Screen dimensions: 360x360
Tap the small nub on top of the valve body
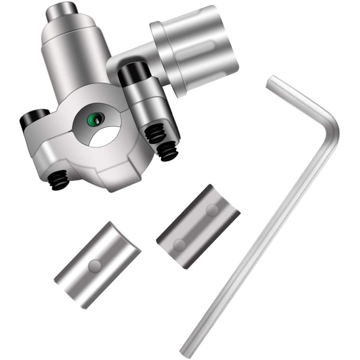tap(63, 11)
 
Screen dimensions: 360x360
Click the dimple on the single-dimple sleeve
tap(94, 266)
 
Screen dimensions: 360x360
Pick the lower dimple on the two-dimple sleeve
tap(180, 244)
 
